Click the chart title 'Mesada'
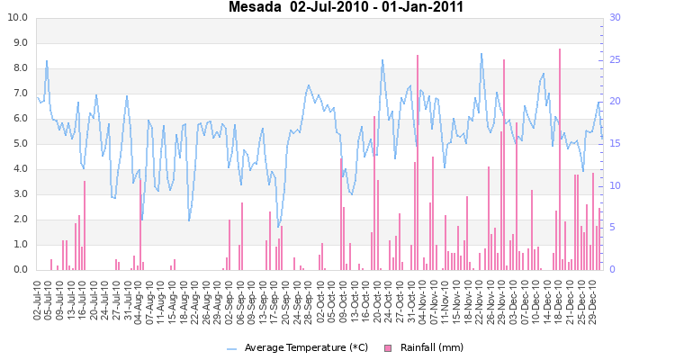256,8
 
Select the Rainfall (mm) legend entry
429,348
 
